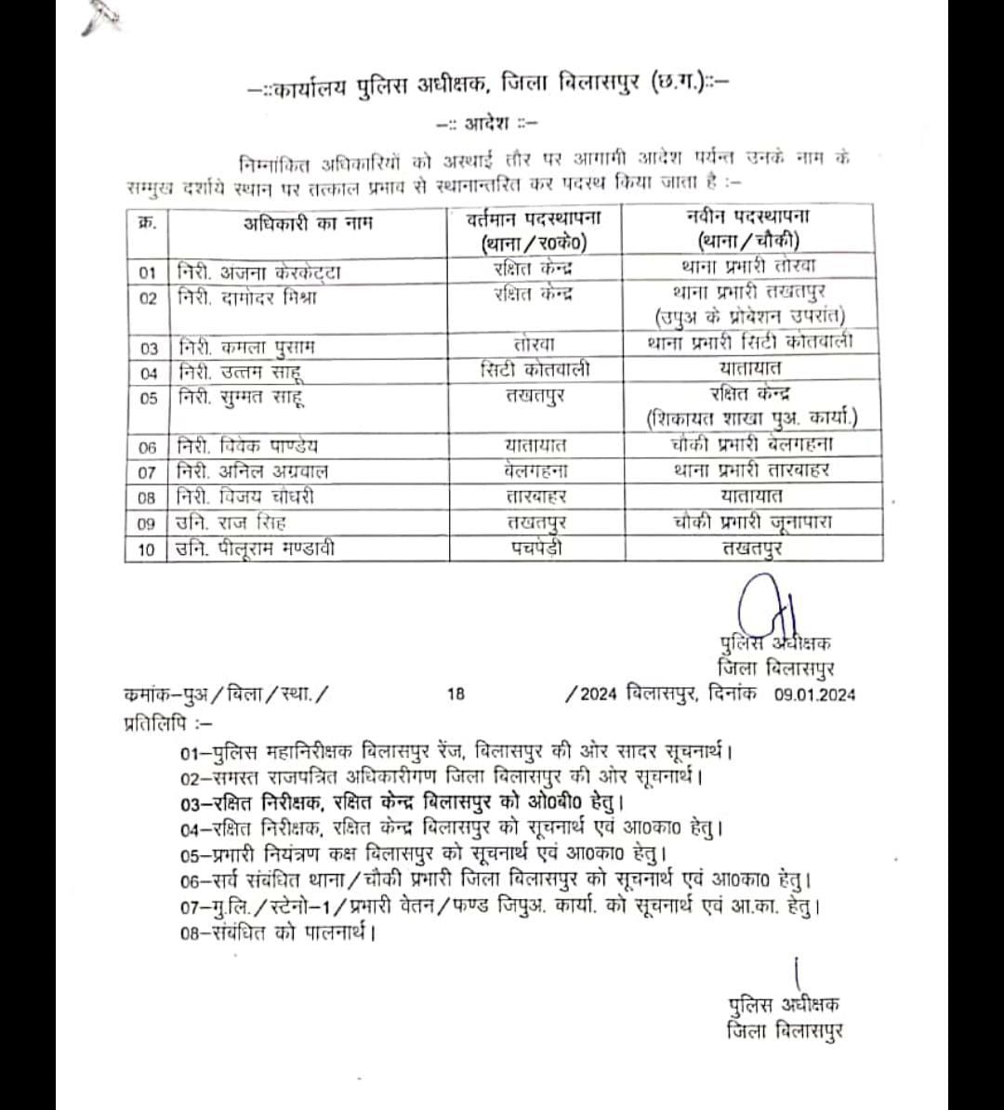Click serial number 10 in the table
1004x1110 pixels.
click(146, 549)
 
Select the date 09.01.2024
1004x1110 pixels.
click(814, 694)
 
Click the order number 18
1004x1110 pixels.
click(456, 694)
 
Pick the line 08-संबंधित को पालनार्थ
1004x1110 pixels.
click(279, 931)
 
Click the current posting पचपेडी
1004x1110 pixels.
click(535, 548)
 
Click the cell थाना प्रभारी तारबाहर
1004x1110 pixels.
click(752, 470)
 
